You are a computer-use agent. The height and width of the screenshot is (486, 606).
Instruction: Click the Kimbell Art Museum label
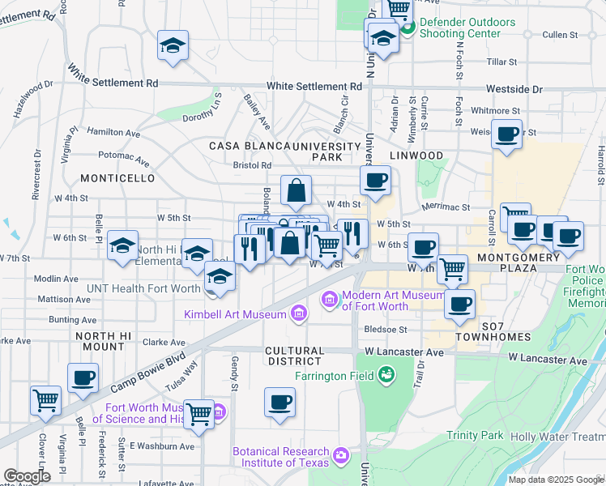click(235, 314)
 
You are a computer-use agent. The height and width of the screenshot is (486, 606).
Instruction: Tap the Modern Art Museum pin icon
click(331, 301)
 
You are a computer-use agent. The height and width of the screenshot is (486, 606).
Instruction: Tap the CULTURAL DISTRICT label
click(295, 356)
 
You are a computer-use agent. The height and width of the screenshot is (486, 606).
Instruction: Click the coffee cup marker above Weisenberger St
click(507, 134)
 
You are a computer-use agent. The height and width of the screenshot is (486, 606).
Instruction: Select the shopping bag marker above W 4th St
click(297, 191)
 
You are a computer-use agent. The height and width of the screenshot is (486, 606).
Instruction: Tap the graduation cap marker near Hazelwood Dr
click(173, 45)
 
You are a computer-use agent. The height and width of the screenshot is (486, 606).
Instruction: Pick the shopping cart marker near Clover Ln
click(46, 400)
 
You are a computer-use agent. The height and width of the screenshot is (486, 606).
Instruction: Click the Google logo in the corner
click(27, 476)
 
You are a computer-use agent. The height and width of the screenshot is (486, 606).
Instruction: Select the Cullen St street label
click(559, 35)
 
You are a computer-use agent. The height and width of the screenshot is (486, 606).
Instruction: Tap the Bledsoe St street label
click(385, 330)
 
